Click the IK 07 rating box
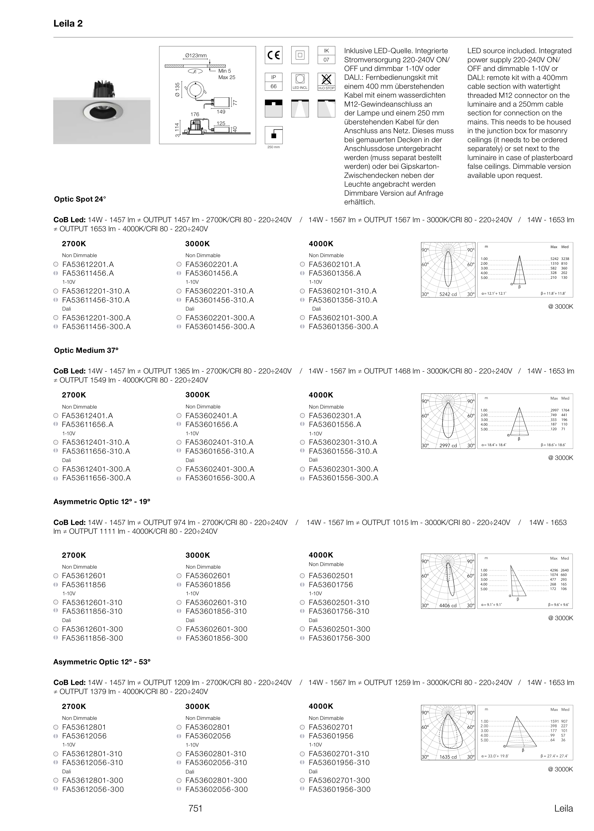point(326,55)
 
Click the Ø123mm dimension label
point(196,56)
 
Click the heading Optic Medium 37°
point(86,350)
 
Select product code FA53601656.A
point(211,425)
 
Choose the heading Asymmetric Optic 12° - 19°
point(102,502)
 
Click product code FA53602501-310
point(339,603)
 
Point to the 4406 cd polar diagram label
point(448,605)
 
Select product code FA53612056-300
point(93,789)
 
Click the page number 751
point(195,808)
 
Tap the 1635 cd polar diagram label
point(448,757)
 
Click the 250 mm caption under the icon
point(273,147)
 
